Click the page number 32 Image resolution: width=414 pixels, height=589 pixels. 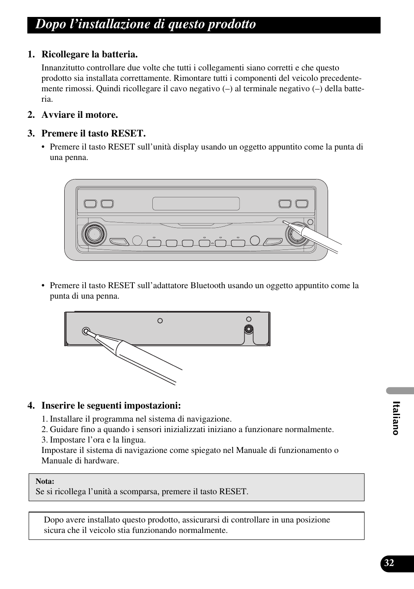point(389,563)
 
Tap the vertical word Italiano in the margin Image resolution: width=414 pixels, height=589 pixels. point(395,418)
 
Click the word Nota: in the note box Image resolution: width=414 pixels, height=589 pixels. point(45,481)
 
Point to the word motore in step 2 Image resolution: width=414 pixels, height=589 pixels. point(104,115)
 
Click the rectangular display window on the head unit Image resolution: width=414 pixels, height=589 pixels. point(196,203)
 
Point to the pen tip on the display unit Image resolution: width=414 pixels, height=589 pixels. point(284,222)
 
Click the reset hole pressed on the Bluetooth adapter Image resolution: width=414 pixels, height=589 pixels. point(86,331)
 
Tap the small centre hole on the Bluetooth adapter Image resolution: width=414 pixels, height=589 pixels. point(160,321)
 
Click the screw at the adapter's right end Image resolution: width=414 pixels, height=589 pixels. point(249,329)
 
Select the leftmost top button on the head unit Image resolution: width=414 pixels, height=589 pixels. point(90,203)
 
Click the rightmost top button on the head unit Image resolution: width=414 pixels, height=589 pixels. point(302,203)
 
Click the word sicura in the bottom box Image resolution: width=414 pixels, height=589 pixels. point(54,530)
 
